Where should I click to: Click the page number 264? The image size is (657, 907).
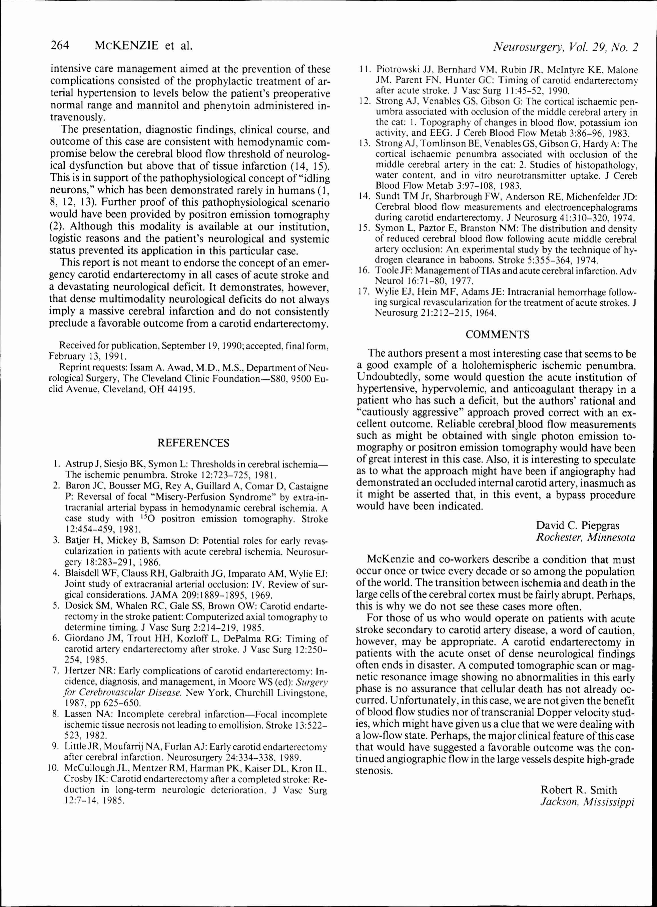(60, 46)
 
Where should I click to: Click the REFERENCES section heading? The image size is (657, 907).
(193, 443)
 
